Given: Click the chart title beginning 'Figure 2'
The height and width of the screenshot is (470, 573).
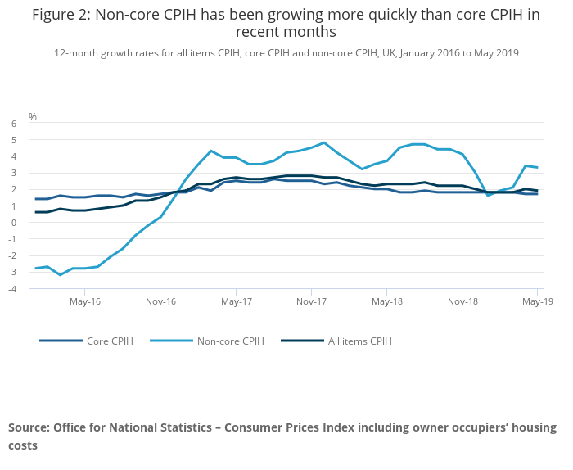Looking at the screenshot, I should click(x=286, y=23).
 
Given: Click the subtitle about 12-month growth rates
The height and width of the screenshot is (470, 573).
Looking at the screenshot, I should click(x=286, y=52).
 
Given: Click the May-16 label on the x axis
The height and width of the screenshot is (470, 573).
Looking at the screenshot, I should click(x=85, y=301).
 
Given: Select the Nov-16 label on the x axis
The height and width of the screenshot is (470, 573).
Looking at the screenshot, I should click(x=160, y=301).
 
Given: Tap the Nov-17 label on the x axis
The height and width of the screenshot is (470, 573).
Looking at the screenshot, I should click(x=311, y=301).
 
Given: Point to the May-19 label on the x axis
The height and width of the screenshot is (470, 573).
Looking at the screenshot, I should click(x=537, y=301).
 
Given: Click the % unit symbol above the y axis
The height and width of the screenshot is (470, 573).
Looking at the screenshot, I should click(x=33, y=117).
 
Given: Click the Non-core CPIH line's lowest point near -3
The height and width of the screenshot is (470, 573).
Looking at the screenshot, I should click(x=60, y=274).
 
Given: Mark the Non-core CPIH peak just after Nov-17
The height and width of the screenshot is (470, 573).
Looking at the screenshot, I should click(x=324, y=142).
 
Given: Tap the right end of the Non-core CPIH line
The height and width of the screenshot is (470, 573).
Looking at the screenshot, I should click(x=537, y=167).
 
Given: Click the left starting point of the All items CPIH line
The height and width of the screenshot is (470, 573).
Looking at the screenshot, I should click(x=35, y=212).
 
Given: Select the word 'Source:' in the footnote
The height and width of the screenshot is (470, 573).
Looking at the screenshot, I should click(x=29, y=427).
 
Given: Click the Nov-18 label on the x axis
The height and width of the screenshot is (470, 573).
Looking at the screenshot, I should click(x=462, y=301).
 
